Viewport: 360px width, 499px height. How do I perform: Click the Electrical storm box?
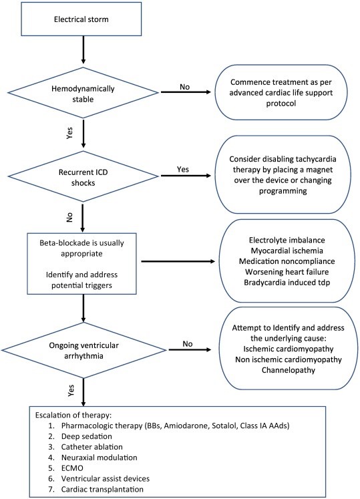coord(81,19)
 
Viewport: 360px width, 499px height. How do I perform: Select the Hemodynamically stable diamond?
coord(83,93)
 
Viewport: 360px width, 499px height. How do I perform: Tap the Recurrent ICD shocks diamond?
coord(83,176)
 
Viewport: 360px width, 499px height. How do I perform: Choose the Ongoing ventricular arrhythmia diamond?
coord(83,350)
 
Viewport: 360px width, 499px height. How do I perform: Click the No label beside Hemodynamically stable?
coord(184,87)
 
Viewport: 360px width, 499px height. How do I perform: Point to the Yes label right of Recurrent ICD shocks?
coord(183,169)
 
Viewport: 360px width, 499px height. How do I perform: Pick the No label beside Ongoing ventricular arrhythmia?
coord(188,344)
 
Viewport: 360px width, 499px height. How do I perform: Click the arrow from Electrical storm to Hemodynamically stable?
coord(83,49)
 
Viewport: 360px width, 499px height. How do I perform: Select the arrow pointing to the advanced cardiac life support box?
coord(186,92)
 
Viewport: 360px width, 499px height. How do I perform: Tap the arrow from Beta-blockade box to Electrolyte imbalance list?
coord(178,262)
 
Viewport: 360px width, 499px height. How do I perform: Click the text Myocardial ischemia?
coord(287,251)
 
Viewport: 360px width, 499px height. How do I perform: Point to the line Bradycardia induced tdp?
coord(287,283)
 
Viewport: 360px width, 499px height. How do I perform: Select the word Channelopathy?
coord(289,370)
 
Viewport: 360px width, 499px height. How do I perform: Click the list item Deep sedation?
coord(87,436)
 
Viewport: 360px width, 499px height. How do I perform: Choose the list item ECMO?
coord(72,468)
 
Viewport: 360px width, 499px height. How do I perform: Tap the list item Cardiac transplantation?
coord(102,489)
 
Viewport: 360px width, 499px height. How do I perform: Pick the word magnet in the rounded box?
coord(319,170)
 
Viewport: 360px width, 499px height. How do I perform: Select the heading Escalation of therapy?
coord(73,415)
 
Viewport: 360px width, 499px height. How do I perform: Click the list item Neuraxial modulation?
coord(100,458)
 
